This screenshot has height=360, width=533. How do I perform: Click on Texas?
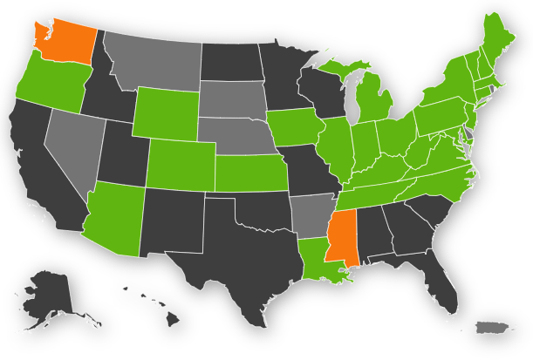(231, 262)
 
